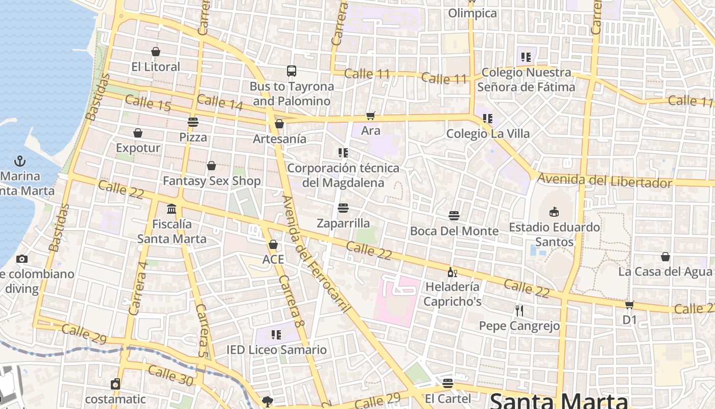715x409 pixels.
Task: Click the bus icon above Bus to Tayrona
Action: [x=291, y=71]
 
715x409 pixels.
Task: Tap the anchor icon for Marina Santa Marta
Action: [x=19, y=161]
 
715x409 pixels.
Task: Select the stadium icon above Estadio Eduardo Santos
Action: [x=554, y=212]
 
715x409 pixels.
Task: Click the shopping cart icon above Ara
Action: [x=371, y=116]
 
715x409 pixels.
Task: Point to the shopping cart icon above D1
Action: [x=629, y=305]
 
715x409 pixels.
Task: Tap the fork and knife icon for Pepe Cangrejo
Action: [x=519, y=310]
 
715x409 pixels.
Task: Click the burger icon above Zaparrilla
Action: [x=343, y=208]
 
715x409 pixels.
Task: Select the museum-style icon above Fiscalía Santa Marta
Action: [x=172, y=209]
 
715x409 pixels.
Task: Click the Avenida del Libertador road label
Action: [x=605, y=180]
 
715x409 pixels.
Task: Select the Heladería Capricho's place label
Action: [x=452, y=294]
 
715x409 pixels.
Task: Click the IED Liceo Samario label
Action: [x=276, y=350]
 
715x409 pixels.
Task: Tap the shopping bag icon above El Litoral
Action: [x=156, y=52]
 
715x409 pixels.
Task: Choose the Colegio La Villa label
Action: [x=488, y=134]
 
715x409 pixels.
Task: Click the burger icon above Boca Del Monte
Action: [x=454, y=216]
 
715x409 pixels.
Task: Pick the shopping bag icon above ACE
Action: [x=273, y=244]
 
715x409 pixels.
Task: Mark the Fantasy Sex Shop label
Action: [x=211, y=181]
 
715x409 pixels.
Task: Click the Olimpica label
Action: [x=472, y=13]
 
